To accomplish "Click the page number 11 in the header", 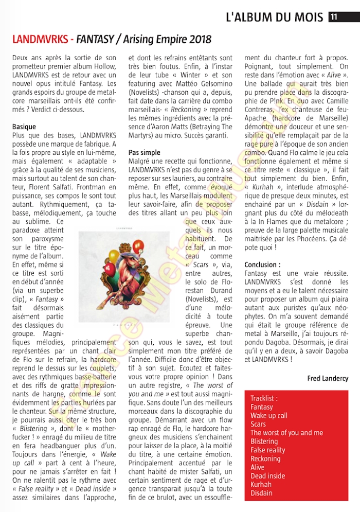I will pos(334,17).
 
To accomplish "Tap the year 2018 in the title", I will pos(200,40).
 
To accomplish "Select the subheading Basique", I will pos(24,127).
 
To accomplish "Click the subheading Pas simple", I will pos(144,153).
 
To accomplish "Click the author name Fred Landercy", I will pos(328,378).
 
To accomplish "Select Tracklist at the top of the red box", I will pos(264,398).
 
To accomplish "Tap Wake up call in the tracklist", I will pos(269,415).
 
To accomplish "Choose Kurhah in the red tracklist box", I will pos(261,484).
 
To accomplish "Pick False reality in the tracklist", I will pos(268,450).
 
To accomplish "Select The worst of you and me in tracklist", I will pos(286,433).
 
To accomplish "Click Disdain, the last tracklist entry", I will pos(261,493).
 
